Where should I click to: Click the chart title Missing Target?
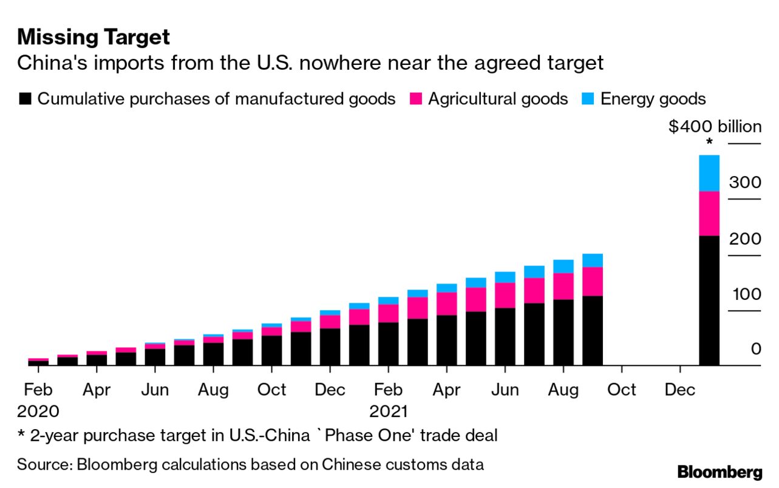(x=94, y=38)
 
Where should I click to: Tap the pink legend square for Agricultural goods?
(x=416, y=99)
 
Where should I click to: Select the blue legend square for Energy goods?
(x=588, y=99)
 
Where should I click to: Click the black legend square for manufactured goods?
(x=25, y=99)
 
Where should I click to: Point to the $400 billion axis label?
(x=715, y=127)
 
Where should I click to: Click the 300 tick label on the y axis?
(x=744, y=183)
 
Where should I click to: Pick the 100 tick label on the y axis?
(x=744, y=294)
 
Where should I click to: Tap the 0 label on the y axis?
(x=755, y=349)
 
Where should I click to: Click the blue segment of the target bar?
(x=709, y=173)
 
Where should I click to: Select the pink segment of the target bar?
(x=709, y=213)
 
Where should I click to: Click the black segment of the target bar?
(x=709, y=300)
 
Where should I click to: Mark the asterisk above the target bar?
(x=709, y=143)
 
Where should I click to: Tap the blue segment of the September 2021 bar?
(x=592, y=260)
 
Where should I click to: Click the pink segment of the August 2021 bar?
(x=563, y=286)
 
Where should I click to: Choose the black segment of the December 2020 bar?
(x=330, y=347)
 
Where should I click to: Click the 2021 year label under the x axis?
(x=389, y=411)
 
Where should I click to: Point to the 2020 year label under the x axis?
(x=38, y=411)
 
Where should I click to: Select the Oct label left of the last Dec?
(x=621, y=390)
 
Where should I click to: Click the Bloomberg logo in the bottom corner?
(x=719, y=472)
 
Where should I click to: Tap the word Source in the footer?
(x=43, y=465)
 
